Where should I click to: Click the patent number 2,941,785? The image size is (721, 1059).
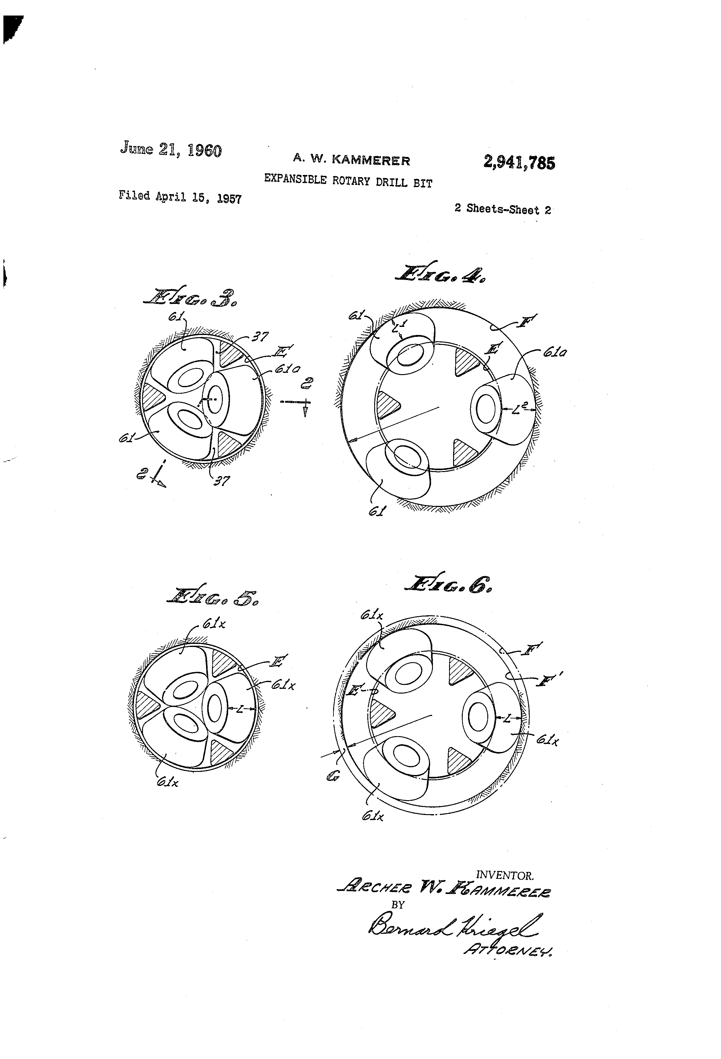point(519,162)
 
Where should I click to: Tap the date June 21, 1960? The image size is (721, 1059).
point(171,149)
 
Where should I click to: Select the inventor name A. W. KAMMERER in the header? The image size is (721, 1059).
point(351,160)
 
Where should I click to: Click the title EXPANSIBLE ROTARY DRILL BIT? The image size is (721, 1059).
point(348,181)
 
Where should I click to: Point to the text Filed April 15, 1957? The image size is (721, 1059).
point(180,197)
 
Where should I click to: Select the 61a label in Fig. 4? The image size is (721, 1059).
point(555,352)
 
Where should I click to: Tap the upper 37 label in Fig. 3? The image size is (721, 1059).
point(260,337)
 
